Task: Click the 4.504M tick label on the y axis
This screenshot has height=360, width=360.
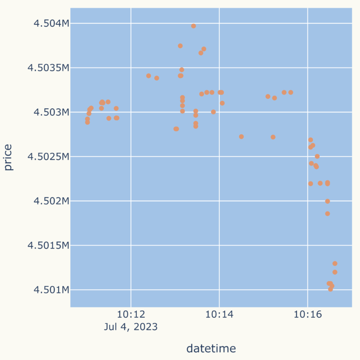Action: click(52, 23)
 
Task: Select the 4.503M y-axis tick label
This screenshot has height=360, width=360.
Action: click(52, 112)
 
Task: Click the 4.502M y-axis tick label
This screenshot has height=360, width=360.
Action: click(52, 201)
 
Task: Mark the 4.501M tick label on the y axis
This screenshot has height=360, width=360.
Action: click(52, 290)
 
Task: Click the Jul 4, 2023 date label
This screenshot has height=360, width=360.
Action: click(131, 327)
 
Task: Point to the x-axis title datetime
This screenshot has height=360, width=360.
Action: click(211, 348)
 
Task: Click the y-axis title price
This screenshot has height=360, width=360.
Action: click(9, 157)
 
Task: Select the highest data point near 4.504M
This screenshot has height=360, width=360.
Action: click(194, 26)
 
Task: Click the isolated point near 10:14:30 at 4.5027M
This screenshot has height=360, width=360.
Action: click(241, 137)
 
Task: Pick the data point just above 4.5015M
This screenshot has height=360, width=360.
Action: click(335, 263)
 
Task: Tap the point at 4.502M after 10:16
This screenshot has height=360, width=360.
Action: click(328, 202)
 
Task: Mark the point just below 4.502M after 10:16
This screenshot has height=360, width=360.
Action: click(328, 214)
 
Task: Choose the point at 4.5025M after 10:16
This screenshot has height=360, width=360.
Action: click(317, 157)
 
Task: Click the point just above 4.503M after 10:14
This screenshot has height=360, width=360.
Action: click(222, 103)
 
